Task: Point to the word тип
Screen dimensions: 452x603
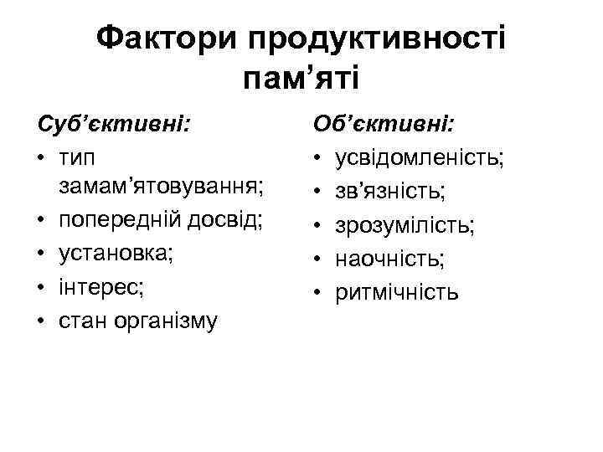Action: coord(77,158)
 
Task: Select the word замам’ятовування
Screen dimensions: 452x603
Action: coord(162,192)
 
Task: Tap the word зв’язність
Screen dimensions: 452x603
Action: coord(389,192)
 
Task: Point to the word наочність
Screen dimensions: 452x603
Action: coord(390,258)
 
